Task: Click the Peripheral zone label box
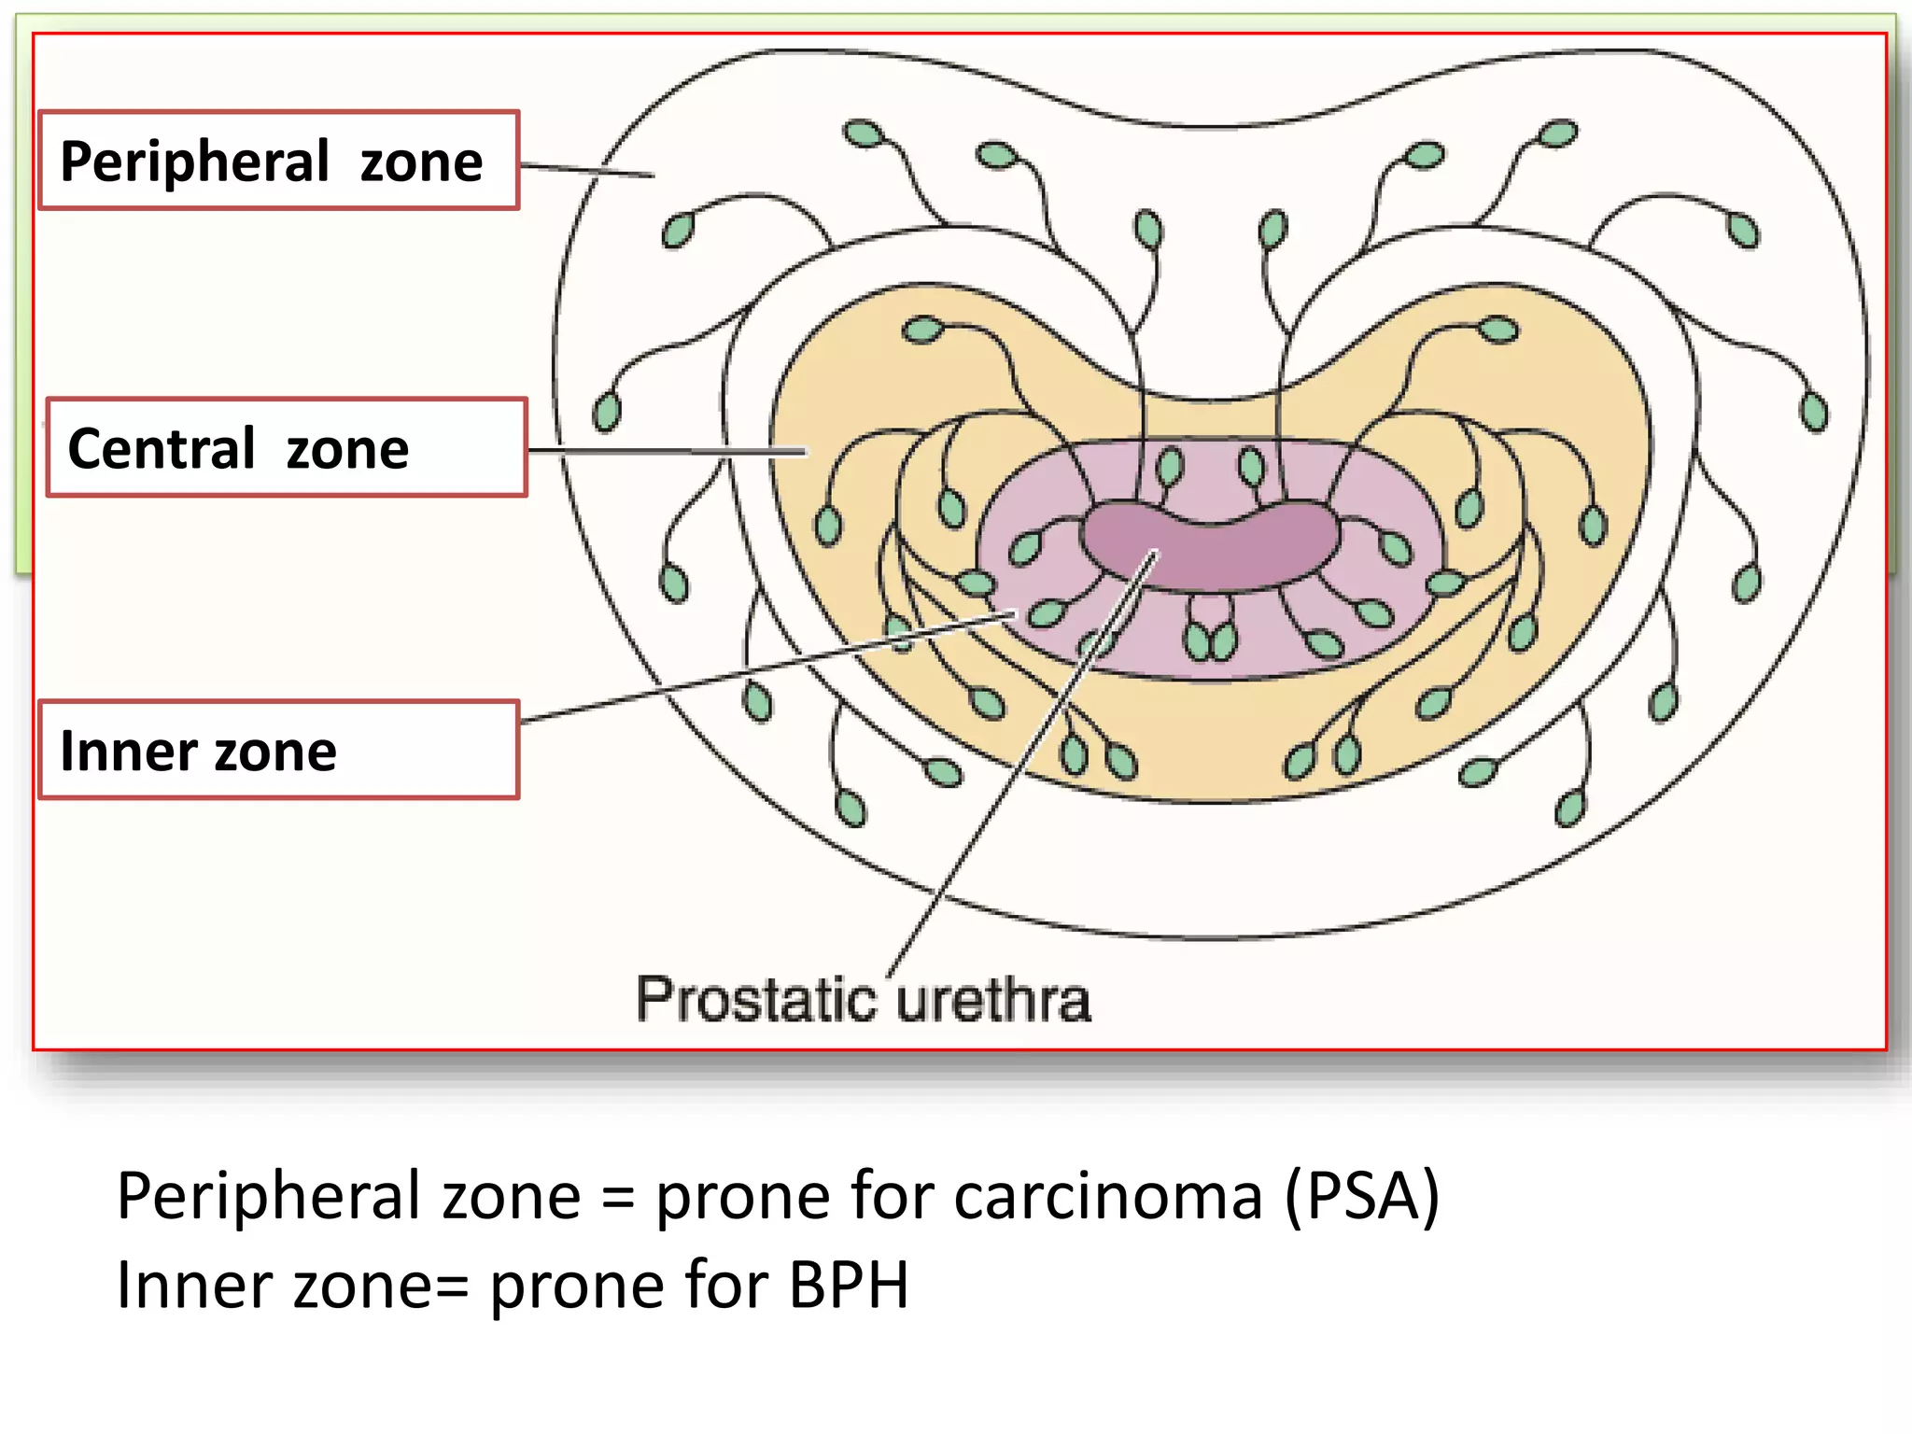pyautogui.click(x=278, y=161)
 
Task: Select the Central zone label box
pyautogui.click(x=286, y=448)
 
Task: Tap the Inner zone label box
pyautogui.click(x=278, y=751)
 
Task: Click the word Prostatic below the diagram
pyautogui.click(x=756, y=1000)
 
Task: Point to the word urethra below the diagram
pyautogui.click(x=993, y=1000)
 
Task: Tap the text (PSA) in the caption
pyautogui.click(x=1362, y=1196)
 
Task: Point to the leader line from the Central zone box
pyautogui.click(x=668, y=451)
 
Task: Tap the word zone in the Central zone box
pyautogui.click(x=347, y=450)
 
